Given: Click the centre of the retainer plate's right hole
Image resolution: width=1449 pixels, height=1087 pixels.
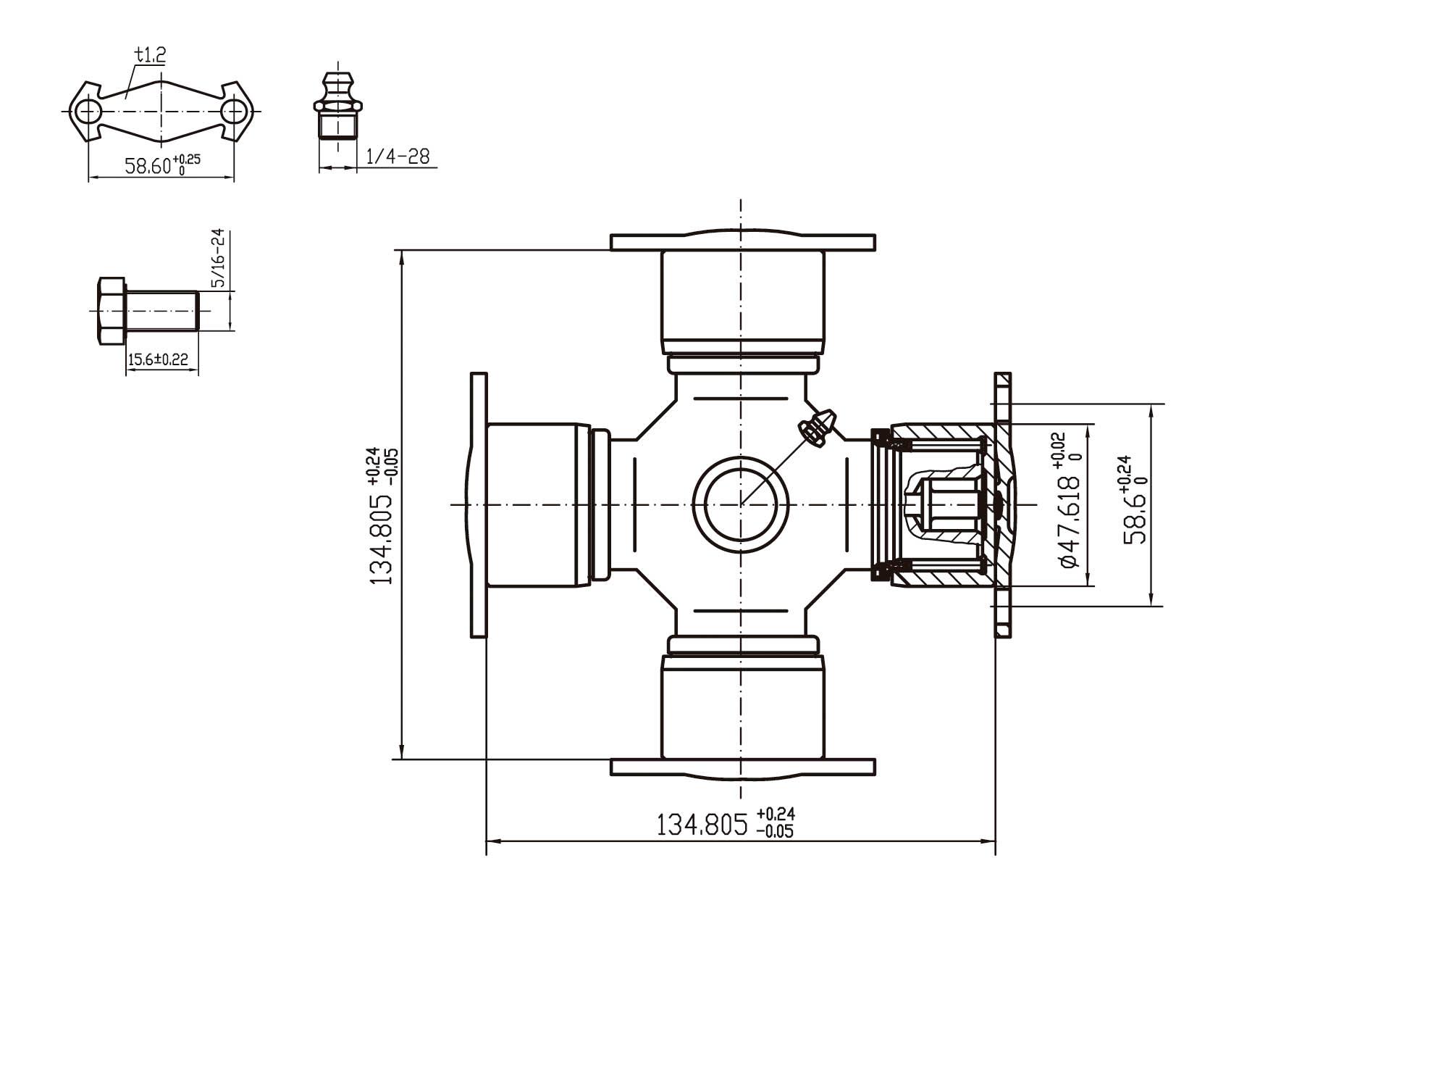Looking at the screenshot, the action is pos(234,112).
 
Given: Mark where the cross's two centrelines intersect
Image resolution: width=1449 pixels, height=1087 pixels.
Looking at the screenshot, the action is pos(740,504).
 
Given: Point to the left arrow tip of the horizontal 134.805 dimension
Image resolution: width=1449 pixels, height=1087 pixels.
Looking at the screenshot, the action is pos(486,841).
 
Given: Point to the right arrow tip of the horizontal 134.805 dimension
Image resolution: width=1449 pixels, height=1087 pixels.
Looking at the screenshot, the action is pos(996,841).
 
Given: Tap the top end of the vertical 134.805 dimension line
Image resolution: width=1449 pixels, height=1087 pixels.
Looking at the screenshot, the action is pos(402,250).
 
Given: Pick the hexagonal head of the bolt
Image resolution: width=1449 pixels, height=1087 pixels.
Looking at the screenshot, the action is pos(110,311).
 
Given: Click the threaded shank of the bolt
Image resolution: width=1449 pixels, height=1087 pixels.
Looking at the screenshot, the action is pos(161,311).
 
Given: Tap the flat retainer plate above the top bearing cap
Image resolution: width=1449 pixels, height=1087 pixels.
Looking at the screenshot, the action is pos(743,242).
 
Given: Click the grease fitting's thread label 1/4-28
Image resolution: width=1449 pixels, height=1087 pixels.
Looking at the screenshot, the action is pos(398,156).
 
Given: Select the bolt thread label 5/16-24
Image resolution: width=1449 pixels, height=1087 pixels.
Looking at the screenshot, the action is pos(218,258).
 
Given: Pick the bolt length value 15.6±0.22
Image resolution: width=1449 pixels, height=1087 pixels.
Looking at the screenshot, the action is pos(158,359).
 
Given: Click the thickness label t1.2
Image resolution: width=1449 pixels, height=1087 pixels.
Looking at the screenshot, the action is pos(151,54).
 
